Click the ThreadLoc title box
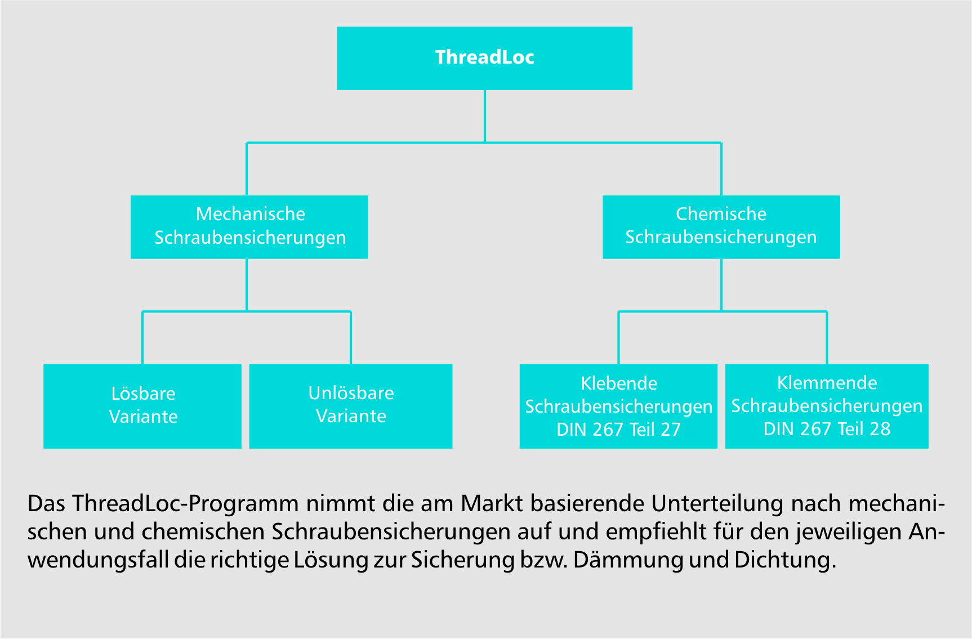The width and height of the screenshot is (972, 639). [484, 58]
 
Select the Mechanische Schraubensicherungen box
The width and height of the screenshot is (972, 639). [249, 227]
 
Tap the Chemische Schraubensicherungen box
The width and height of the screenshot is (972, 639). [721, 227]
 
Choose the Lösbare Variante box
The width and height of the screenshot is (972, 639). [142, 406]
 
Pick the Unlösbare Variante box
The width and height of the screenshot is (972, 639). [351, 406]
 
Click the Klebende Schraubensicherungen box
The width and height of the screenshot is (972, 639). [618, 406]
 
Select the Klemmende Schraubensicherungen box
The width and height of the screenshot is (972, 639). [827, 406]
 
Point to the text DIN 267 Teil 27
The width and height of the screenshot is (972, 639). [618, 430]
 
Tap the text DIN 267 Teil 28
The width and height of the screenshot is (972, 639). [827, 429]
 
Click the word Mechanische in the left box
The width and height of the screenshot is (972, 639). [251, 214]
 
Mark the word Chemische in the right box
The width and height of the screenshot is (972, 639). [721, 214]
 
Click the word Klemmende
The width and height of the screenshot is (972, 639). [827, 383]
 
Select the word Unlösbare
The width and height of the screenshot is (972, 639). [351, 393]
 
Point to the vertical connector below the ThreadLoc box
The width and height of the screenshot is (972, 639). [485, 116]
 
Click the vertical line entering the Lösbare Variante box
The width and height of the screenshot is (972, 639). [142, 338]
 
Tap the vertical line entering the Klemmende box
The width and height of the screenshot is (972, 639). [827, 338]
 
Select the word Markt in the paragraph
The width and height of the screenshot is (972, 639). [492, 503]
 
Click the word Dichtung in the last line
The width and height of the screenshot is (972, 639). [785, 561]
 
